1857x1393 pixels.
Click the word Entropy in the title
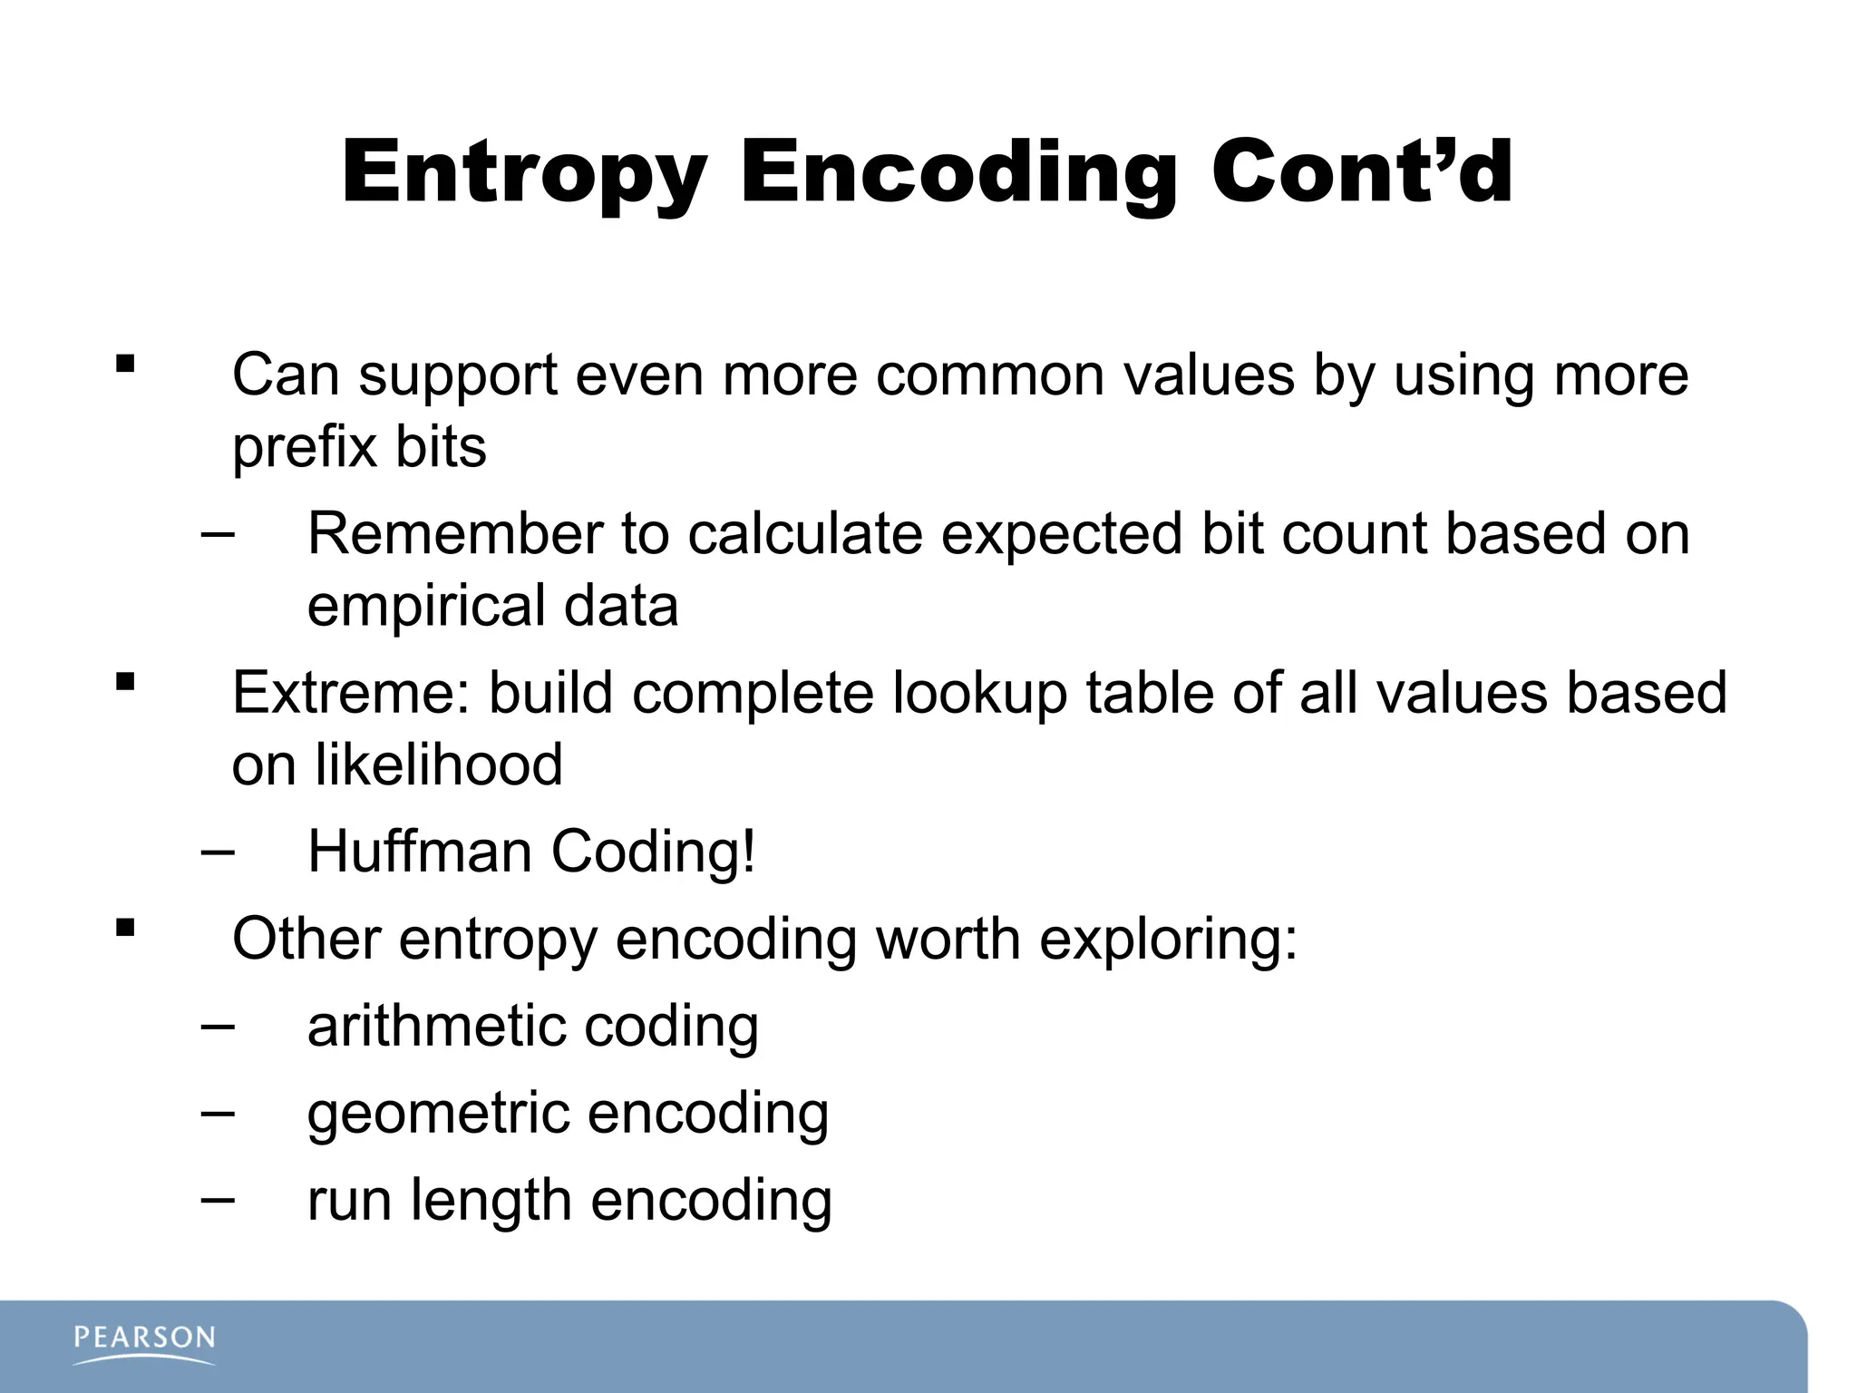[523, 174]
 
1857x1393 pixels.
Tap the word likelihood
[439, 765]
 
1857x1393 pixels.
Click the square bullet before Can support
[125, 365]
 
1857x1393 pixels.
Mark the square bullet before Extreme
[125, 682]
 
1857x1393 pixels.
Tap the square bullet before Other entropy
[125, 928]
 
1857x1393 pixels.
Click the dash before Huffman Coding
[218, 852]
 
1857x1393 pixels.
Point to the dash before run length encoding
[218, 1200]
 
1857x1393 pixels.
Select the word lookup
[979, 695]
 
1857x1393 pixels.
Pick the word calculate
[805, 533]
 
